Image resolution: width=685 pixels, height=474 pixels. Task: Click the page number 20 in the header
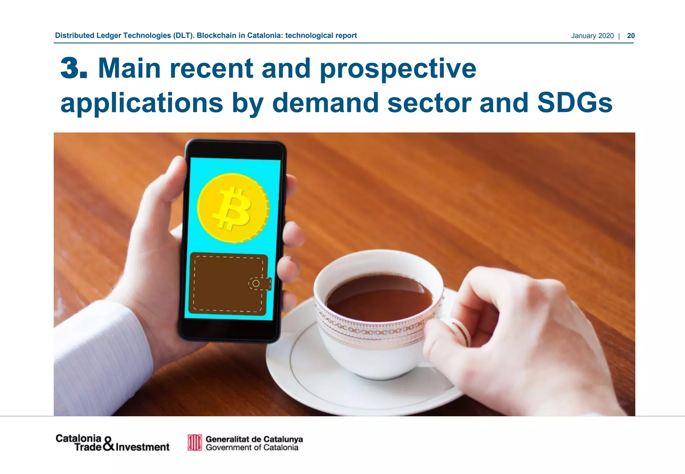point(630,36)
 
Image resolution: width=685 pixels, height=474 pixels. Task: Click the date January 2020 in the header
point(592,36)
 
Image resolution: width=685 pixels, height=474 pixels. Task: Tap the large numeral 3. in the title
point(74,68)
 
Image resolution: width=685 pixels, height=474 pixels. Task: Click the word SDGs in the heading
point(575,103)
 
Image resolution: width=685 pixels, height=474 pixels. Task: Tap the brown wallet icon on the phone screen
point(227,284)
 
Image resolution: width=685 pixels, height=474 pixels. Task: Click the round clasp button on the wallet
point(256,283)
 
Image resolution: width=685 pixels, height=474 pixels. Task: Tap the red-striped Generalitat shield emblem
point(195,443)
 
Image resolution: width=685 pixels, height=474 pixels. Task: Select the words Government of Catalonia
point(252,448)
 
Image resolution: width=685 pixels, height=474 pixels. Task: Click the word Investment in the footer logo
point(142,447)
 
